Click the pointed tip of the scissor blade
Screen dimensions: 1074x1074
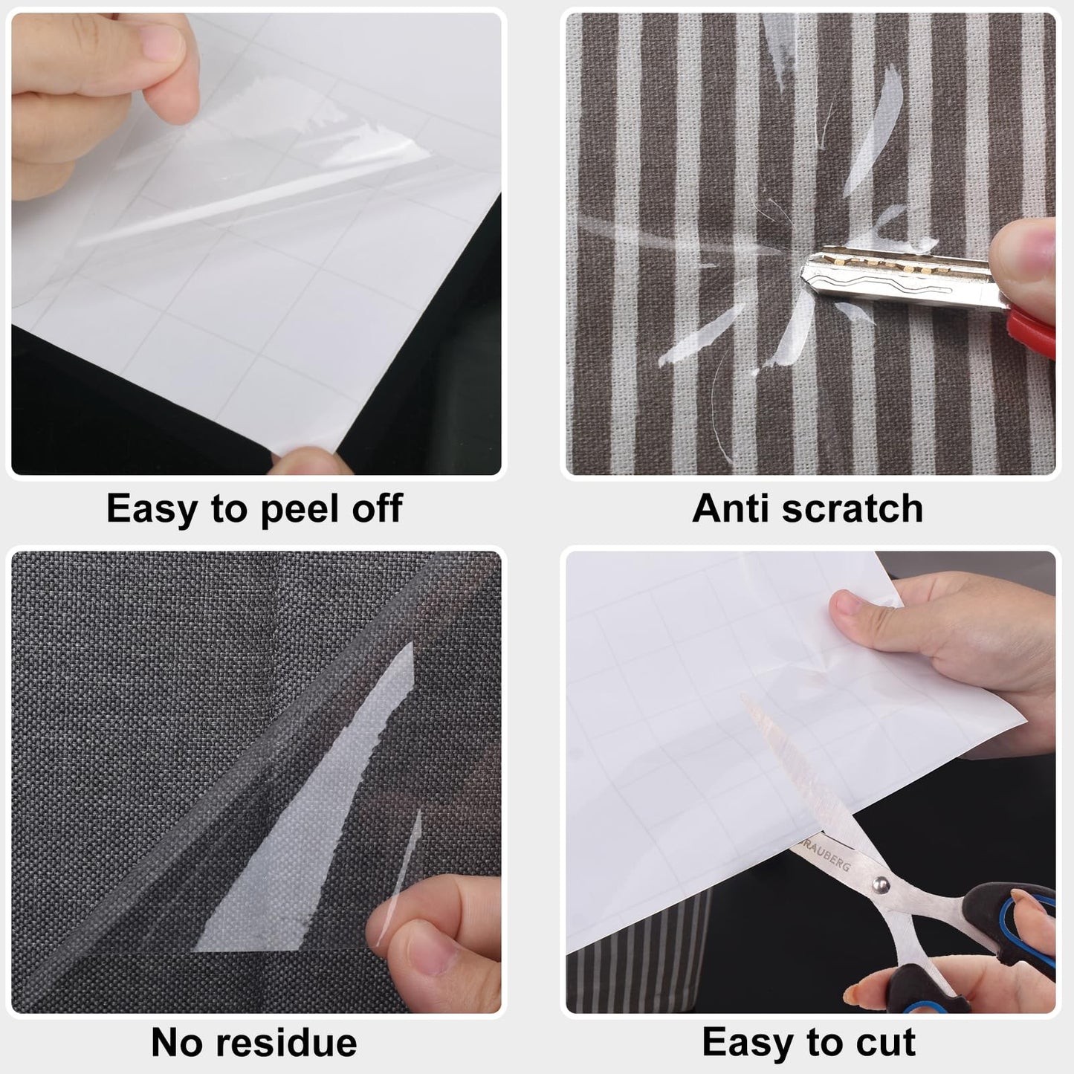[x=743, y=696]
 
